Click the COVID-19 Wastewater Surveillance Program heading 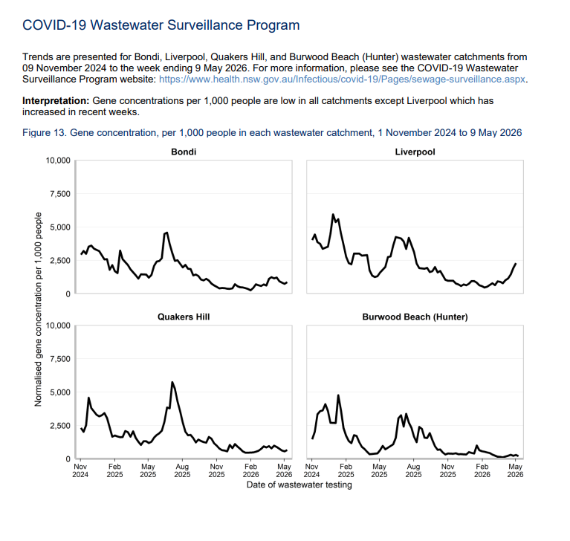(x=161, y=25)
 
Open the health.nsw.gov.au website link (x=342, y=80)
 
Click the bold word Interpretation (x=56, y=101)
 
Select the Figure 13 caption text (x=272, y=133)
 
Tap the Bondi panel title (x=184, y=152)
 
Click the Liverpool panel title (x=415, y=152)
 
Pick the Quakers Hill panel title (x=184, y=317)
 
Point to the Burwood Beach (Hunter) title (x=415, y=317)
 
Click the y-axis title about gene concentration (x=38, y=309)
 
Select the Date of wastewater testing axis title (x=299, y=485)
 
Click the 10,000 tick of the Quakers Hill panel (x=58, y=325)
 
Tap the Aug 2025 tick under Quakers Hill (x=182, y=470)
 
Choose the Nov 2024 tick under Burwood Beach (x=311, y=470)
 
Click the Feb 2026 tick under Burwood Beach (x=482, y=470)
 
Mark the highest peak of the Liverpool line (x=333, y=215)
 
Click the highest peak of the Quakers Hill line (x=172, y=382)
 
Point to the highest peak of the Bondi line (x=166, y=233)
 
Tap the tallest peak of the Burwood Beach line (x=338, y=395)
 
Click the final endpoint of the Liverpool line (x=516, y=264)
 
